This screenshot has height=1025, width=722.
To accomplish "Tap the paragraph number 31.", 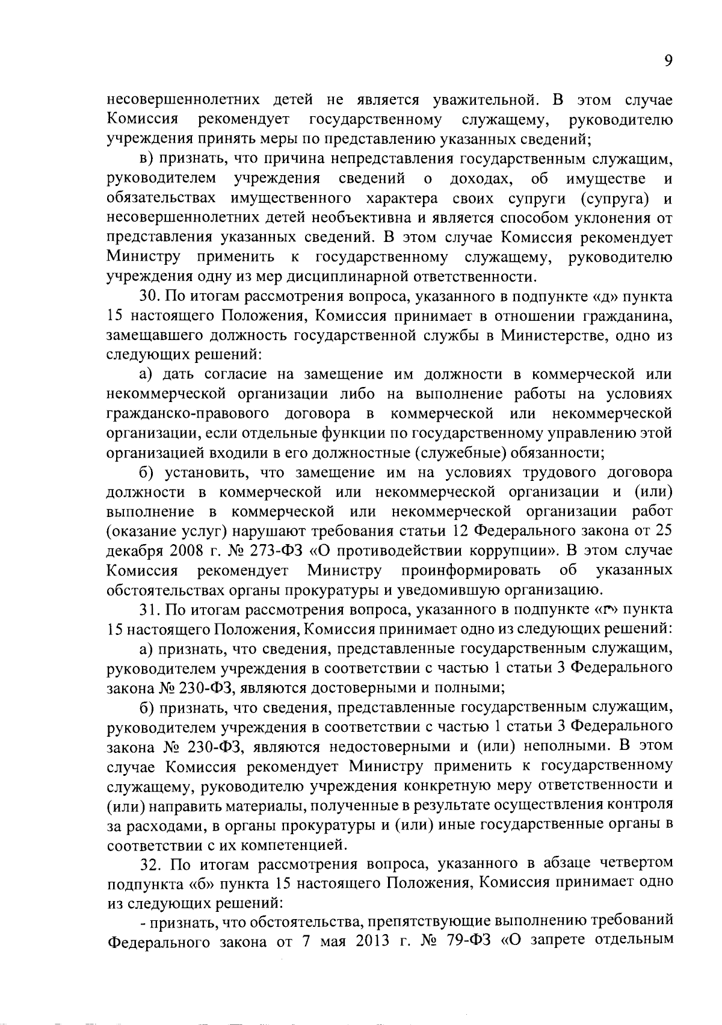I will (149, 609).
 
